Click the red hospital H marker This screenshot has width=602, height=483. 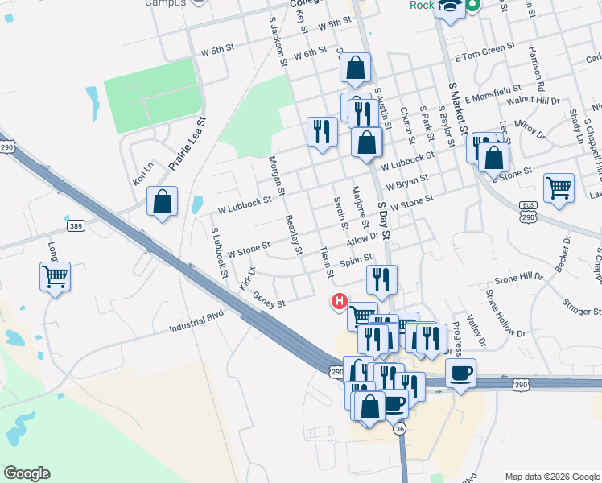[x=340, y=303]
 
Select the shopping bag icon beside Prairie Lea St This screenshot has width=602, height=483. [x=163, y=203]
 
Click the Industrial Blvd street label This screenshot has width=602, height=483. [x=196, y=328]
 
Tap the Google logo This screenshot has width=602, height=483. [x=27, y=473]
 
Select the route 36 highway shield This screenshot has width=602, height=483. [x=399, y=430]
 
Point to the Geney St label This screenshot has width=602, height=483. [x=270, y=300]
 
